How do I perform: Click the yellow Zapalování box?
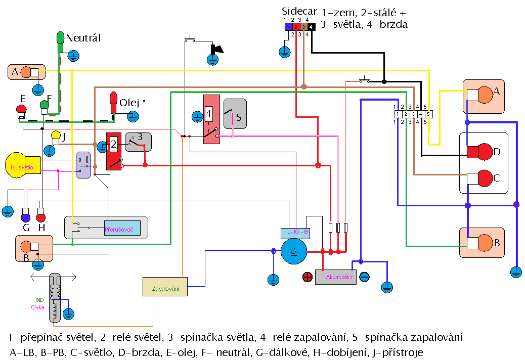click(165, 287)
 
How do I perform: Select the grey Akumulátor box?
click(336, 277)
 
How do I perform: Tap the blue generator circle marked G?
click(293, 251)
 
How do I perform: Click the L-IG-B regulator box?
click(294, 233)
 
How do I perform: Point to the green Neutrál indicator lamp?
click(60, 38)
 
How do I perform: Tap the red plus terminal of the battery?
click(308, 277)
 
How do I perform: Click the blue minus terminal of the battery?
click(364, 277)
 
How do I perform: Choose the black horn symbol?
click(218, 49)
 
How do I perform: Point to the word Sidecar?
click(299, 12)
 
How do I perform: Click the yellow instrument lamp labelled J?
click(56, 136)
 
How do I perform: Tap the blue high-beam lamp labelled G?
click(25, 218)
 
